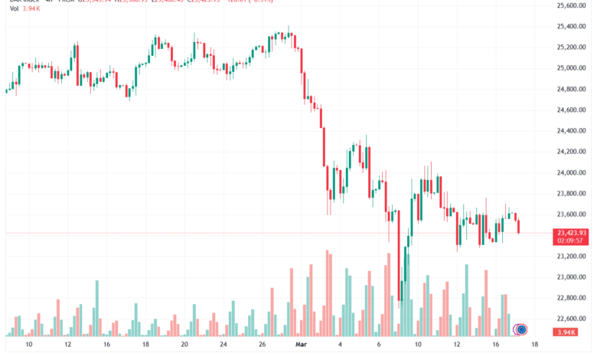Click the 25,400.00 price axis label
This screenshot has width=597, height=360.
coord(571,27)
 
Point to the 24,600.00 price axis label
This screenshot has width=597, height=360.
coord(571,110)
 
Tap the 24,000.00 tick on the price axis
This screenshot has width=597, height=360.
coord(571,173)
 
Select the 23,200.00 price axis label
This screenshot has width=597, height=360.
coord(571,257)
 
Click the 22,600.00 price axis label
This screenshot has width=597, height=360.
coord(571,319)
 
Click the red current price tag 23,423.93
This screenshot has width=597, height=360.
coord(573,233)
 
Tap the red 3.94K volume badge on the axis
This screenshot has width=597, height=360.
coord(573,331)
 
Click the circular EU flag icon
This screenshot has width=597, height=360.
coord(521,329)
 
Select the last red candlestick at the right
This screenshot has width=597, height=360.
coord(519,226)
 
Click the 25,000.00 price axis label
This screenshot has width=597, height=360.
coord(571,68)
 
